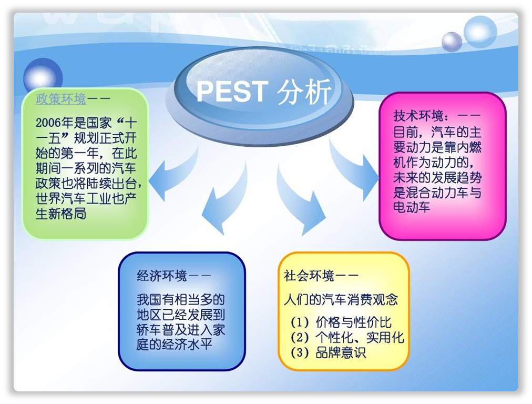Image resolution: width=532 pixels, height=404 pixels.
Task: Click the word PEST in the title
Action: (232, 91)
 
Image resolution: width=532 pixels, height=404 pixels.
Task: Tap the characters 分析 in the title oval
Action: (304, 92)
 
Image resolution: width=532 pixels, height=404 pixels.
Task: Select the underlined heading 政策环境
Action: (61, 99)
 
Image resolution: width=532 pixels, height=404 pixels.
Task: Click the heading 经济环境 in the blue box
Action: (162, 276)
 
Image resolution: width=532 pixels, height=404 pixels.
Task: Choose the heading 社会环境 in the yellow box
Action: (309, 276)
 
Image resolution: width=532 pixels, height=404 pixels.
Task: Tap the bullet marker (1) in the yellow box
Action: (300, 322)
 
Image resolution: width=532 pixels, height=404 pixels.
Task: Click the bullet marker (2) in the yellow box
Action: (300, 338)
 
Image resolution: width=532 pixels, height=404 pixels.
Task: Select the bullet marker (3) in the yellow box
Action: (300, 353)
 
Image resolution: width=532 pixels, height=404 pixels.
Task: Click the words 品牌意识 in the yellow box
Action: (341, 353)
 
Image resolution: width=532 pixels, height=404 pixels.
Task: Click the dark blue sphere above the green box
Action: (43, 77)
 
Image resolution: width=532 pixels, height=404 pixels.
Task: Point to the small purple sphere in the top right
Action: (452, 42)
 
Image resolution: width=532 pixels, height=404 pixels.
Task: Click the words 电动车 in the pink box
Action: (412, 207)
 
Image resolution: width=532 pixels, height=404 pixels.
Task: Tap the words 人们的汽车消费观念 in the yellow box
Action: (341, 299)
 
